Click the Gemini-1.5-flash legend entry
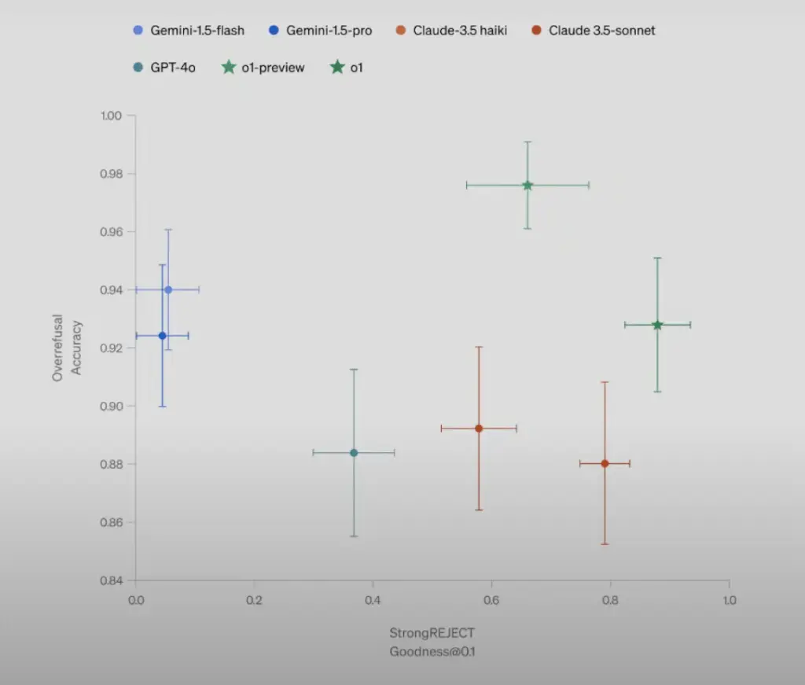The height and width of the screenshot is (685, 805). pyautogui.click(x=189, y=31)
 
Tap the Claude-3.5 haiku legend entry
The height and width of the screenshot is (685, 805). pyautogui.click(x=454, y=31)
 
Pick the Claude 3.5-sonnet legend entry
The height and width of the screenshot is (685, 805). pyautogui.click(x=593, y=31)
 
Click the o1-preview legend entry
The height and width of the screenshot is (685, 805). pyautogui.click(x=263, y=68)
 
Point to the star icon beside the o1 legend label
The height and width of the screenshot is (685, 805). pyautogui.click(x=337, y=68)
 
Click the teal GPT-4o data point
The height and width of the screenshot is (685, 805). pyautogui.click(x=354, y=453)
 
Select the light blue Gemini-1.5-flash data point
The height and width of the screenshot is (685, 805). pyautogui.click(x=168, y=290)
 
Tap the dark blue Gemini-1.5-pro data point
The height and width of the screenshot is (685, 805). pyautogui.click(x=163, y=336)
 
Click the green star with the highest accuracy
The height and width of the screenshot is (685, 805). pyautogui.click(x=527, y=186)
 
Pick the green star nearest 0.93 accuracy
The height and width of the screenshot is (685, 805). pyautogui.click(x=657, y=325)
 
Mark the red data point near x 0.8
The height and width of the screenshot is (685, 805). pyautogui.click(x=605, y=463)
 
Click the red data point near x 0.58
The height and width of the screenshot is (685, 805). pyautogui.click(x=479, y=429)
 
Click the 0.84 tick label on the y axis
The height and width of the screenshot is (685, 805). pyautogui.click(x=112, y=580)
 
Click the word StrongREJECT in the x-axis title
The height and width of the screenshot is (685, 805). pyautogui.click(x=432, y=632)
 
